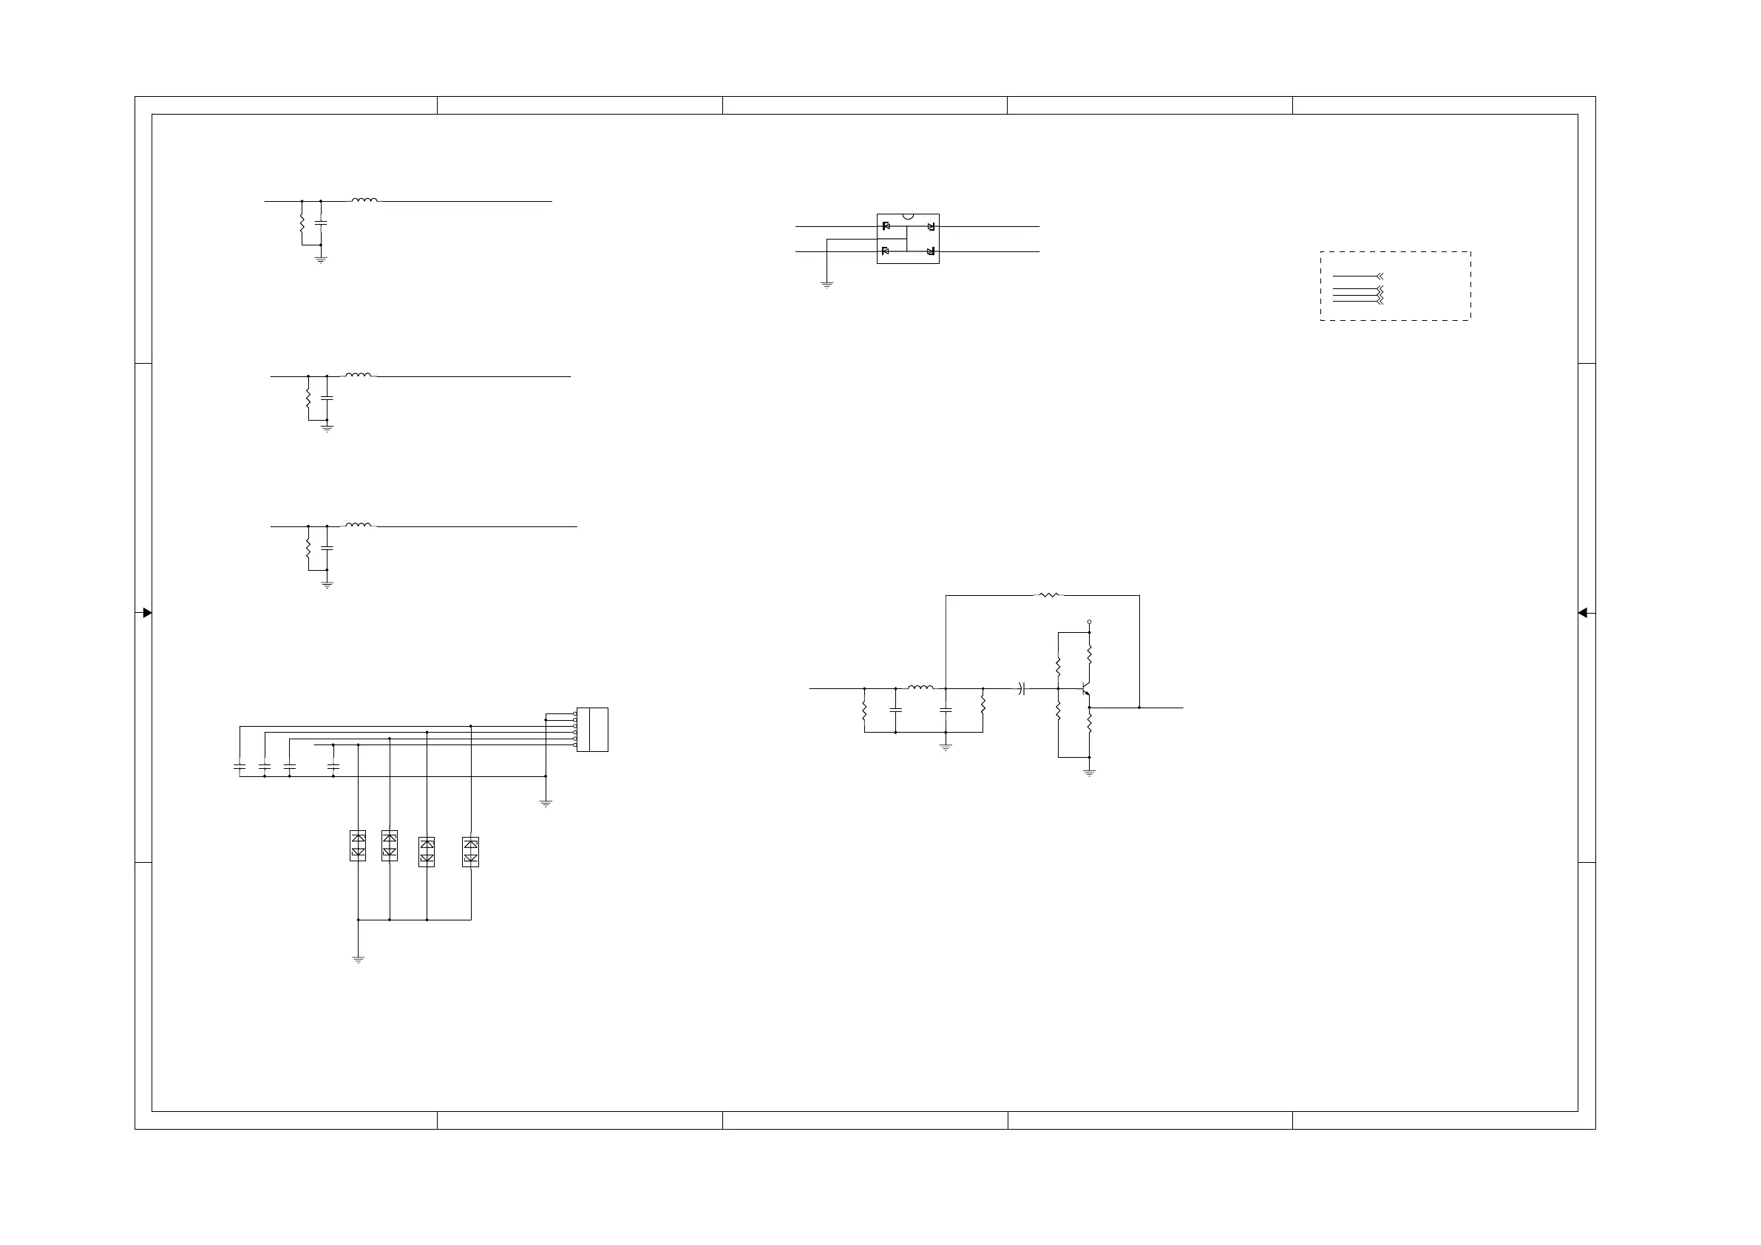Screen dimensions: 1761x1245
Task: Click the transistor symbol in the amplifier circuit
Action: coord(1085,690)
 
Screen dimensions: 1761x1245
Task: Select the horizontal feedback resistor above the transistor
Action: coord(1049,595)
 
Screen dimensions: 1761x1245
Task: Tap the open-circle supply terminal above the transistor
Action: coord(1089,622)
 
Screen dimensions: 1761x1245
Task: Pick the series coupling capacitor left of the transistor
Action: coord(1022,689)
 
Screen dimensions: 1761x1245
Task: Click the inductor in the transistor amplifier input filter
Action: coord(920,688)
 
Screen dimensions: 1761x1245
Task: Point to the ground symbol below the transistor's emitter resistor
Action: coord(1089,773)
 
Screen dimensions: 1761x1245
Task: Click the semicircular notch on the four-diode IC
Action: coord(908,217)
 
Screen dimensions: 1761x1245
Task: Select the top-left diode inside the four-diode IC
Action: coord(886,226)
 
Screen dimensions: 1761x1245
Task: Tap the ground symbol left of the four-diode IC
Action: coord(827,285)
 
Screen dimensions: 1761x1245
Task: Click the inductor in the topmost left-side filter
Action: coord(364,200)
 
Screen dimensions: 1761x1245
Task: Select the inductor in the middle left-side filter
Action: coord(358,375)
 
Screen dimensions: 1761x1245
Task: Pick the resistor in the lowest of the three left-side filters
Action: coord(308,548)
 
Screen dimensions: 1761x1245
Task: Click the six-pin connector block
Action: coord(592,730)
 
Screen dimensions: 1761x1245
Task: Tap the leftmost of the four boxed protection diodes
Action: coord(357,845)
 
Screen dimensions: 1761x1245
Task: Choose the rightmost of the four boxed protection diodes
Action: coord(471,852)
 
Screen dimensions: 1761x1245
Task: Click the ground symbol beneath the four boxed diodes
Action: coord(357,959)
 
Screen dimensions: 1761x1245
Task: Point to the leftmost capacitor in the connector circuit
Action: coord(240,766)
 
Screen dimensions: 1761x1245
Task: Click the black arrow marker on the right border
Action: coord(1582,613)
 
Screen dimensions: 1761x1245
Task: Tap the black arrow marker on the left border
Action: coord(147,613)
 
